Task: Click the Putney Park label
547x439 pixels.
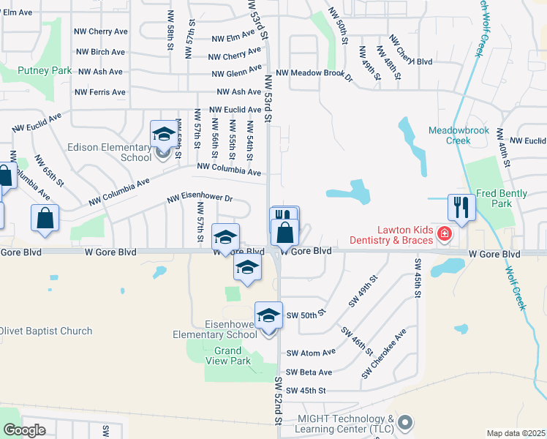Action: pyautogui.click(x=45, y=71)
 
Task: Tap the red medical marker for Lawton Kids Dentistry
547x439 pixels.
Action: pyautogui.click(x=444, y=234)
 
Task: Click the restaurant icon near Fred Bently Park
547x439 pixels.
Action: pyautogui.click(x=461, y=207)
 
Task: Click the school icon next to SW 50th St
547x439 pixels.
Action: pyautogui.click(x=268, y=315)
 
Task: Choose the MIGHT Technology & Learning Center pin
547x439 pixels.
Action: pyautogui.click(x=407, y=423)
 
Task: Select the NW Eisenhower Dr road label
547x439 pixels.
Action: pyautogui.click(x=200, y=198)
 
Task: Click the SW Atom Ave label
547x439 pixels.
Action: pyautogui.click(x=311, y=352)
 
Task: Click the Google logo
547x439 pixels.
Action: pyautogui.click(x=24, y=430)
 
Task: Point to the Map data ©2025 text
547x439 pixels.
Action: pyautogui.click(x=516, y=433)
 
